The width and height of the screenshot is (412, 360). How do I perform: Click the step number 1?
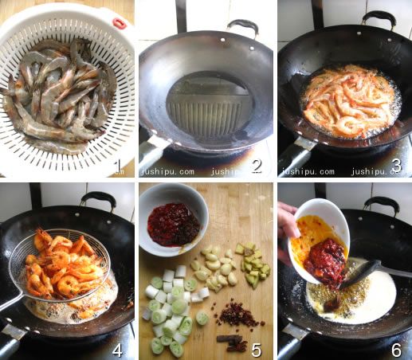point(117,165)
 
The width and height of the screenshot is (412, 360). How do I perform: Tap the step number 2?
point(256,166)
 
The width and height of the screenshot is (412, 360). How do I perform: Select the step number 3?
point(396,165)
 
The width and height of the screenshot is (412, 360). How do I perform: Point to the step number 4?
point(117,350)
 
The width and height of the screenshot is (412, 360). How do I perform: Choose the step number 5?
point(257,350)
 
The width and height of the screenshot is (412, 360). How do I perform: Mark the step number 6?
point(396,350)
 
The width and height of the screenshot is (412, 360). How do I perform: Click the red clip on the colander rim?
point(120,22)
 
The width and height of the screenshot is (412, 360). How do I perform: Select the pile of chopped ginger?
point(253,264)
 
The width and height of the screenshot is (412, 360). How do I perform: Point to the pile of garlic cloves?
point(217,268)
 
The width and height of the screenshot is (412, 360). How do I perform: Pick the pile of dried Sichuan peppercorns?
point(237,315)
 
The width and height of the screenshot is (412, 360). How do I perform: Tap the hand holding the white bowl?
point(288,233)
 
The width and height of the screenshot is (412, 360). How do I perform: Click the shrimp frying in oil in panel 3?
point(348,100)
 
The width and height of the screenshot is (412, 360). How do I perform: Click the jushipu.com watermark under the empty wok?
point(168,171)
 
